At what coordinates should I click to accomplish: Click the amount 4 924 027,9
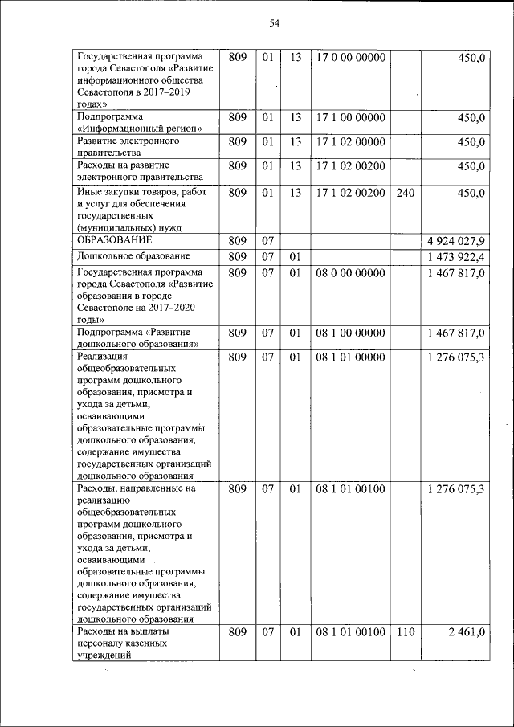click(x=456, y=242)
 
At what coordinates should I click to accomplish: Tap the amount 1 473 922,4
click(x=456, y=257)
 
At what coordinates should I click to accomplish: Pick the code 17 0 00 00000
click(x=351, y=58)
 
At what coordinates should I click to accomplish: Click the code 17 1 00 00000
click(x=351, y=118)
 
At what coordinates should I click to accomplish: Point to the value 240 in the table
click(x=405, y=193)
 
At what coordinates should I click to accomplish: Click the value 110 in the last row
click(x=405, y=633)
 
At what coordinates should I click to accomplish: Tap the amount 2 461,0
click(x=465, y=633)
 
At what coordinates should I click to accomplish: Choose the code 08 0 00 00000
click(x=351, y=273)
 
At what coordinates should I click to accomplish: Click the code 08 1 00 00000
click(x=351, y=333)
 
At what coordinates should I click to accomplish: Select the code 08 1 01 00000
click(x=351, y=357)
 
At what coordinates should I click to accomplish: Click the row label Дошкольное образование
click(x=133, y=256)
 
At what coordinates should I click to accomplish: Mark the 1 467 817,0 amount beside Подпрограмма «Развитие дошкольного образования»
click(x=456, y=333)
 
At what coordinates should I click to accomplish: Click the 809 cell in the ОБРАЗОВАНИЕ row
click(x=237, y=242)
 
